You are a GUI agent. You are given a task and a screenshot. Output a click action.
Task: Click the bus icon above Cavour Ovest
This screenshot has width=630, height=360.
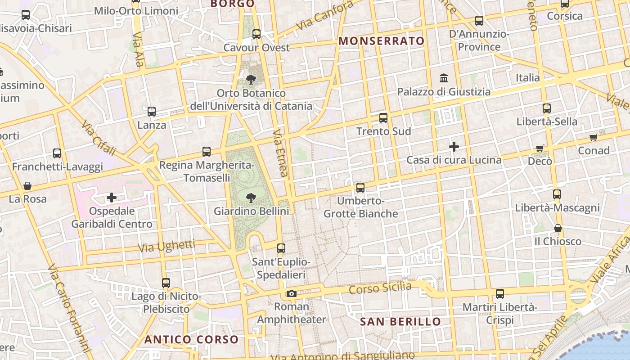click(256, 34)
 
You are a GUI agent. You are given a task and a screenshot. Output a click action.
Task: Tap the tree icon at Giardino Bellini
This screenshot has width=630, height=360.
click(251, 197)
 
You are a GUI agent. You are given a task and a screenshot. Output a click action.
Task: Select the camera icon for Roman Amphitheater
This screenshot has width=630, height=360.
click(291, 294)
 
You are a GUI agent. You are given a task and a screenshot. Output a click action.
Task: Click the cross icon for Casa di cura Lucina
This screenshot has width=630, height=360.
click(454, 146)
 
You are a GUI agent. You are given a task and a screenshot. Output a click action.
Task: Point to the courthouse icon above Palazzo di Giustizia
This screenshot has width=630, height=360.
click(444, 78)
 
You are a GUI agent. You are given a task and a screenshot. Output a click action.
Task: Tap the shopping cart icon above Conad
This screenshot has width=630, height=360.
click(593, 137)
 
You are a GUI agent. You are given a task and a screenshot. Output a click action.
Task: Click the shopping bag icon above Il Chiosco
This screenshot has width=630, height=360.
click(558, 228)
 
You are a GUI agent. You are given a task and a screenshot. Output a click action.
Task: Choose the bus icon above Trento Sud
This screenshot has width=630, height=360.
click(383, 118)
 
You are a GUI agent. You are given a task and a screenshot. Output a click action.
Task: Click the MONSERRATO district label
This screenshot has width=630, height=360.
click(382, 41)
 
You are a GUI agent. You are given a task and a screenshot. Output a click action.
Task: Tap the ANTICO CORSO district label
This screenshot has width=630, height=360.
click(191, 339)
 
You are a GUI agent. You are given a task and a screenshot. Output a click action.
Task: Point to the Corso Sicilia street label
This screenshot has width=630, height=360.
click(380, 288)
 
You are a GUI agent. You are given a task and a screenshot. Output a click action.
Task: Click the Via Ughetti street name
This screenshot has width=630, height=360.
click(166, 246)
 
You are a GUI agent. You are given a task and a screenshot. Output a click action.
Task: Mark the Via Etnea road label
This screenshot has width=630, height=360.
click(280, 153)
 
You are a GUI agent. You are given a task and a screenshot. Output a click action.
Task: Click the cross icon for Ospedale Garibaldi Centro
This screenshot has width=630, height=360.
click(111, 197)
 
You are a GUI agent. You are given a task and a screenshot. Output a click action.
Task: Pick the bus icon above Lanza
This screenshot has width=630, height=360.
click(152, 111)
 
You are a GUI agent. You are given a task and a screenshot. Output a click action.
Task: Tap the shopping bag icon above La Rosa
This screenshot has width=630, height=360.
click(27, 185)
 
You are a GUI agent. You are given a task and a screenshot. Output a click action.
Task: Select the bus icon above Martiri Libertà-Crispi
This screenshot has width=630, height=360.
click(499, 294)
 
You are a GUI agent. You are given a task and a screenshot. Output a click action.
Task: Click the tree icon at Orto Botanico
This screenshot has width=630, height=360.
click(251, 80)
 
